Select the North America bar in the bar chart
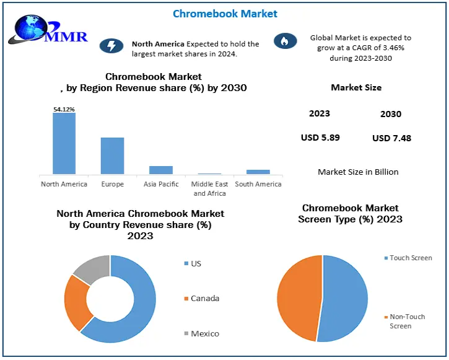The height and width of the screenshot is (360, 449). [x=64, y=143]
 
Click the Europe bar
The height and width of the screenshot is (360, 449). [x=112, y=156]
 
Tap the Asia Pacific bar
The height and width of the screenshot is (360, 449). [x=160, y=170]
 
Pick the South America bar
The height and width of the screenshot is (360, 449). [x=258, y=172]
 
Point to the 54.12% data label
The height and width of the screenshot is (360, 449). [x=64, y=110]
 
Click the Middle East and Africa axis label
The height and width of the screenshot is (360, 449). [x=209, y=188]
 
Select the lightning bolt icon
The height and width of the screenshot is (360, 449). [x=111, y=46]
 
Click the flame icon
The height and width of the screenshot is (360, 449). [x=285, y=41]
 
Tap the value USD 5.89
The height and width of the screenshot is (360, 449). [x=320, y=137]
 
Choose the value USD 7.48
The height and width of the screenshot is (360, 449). [x=391, y=138]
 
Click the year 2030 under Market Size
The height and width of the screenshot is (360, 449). [x=391, y=114]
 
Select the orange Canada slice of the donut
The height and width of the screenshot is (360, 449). [x=78, y=302]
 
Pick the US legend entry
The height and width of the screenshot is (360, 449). [x=196, y=263]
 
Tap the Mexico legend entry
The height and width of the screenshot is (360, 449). [x=204, y=333]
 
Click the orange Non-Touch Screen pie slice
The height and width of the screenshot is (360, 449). [x=298, y=297]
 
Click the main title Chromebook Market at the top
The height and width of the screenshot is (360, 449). [x=225, y=14]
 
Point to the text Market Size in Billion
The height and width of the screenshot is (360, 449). [x=358, y=172]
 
